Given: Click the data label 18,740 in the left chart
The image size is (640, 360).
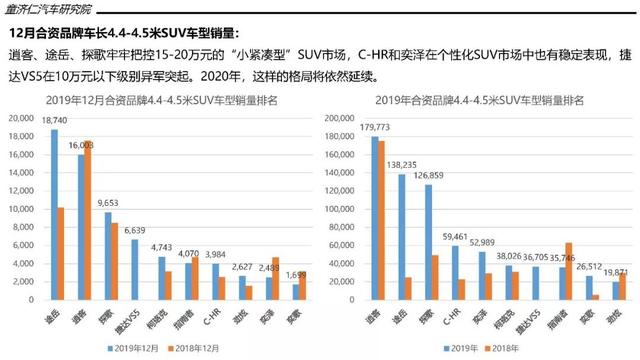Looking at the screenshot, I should (55, 122).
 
